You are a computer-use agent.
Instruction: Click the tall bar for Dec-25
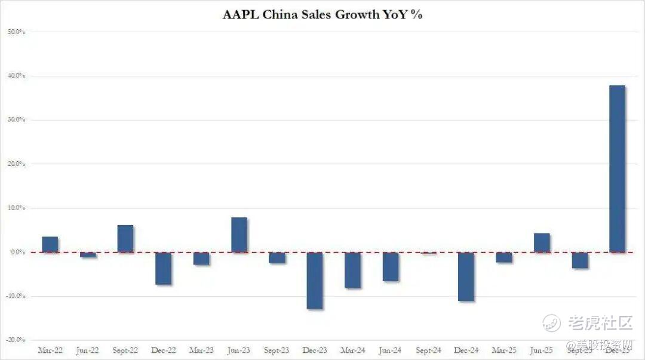(x=617, y=168)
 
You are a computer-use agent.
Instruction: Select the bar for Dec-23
(x=315, y=281)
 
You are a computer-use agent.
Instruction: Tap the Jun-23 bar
(x=239, y=235)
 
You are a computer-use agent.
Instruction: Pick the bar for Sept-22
(x=125, y=238)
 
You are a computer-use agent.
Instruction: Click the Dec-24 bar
(x=466, y=276)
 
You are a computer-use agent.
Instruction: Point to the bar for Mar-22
(x=50, y=244)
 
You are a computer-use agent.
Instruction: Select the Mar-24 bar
(x=352, y=270)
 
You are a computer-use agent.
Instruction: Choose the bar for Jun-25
(x=542, y=242)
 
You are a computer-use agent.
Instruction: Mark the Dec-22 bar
(x=163, y=268)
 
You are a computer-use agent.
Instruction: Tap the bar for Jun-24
(x=391, y=266)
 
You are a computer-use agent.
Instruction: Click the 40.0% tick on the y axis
(x=16, y=76)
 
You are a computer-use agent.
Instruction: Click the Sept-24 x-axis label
(x=428, y=350)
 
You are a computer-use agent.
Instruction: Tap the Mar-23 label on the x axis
(x=201, y=350)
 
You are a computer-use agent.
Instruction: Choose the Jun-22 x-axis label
(x=88, y=350)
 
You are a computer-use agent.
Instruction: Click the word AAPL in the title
(x=241, y=15)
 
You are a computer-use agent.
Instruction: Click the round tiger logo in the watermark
(x=551, y=323)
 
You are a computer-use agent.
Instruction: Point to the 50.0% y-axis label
(x=16, y=32)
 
